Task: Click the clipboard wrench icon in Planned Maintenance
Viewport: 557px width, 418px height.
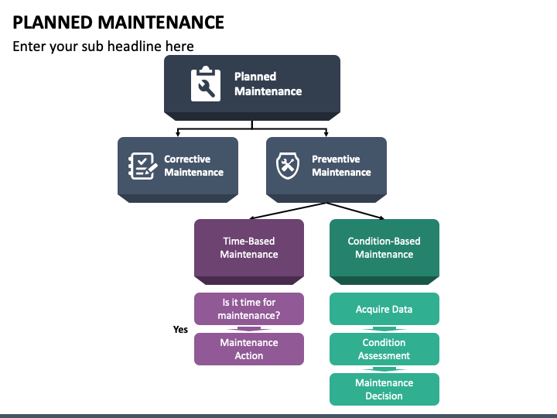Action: coord(206,84)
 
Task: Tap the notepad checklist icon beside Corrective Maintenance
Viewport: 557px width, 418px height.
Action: coord(142,166)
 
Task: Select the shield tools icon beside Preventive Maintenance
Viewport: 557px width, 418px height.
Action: coord(288,166)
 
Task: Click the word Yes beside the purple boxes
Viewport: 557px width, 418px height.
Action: coord(180,330)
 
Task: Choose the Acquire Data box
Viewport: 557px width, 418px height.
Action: coord(384,309)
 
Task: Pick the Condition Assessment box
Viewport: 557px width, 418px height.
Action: coord(384,349)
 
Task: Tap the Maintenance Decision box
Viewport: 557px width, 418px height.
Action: coord(384,389)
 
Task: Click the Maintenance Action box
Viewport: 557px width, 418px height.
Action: coord(249,349)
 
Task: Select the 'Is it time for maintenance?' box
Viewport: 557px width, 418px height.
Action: coord(249,309)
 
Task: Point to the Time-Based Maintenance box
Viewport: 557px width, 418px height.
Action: coord(249,252)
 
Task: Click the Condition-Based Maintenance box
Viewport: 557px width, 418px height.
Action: coord(384,252)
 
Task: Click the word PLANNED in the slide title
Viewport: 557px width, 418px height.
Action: coord(53,22)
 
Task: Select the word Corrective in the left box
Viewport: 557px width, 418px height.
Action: coord(187,159)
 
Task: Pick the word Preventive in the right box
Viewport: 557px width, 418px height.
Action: coord(336,159)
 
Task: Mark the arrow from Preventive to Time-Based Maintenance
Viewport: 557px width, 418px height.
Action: coord(288,211)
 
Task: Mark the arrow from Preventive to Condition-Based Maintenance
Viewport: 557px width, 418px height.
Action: coord(355,211)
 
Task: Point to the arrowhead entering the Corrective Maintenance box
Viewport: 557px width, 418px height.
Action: coord(178,134)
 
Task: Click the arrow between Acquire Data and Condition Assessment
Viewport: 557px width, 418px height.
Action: coord(384,329)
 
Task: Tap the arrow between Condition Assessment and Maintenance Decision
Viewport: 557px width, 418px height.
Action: coord(384,369)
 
